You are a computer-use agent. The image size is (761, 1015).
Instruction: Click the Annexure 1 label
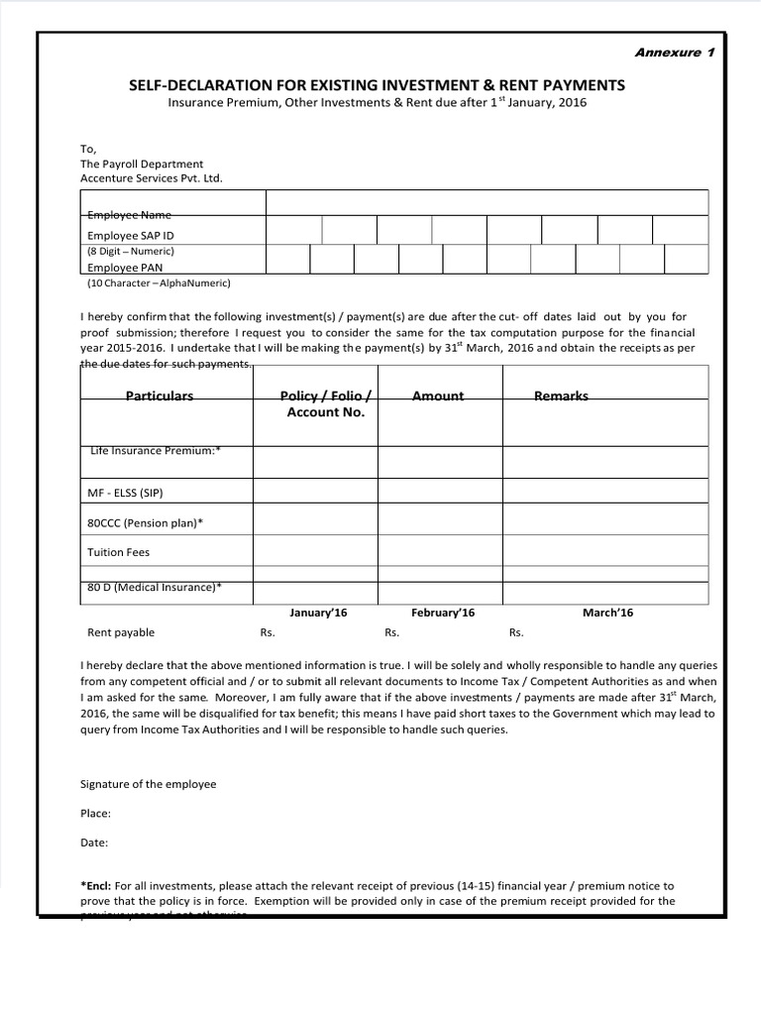674,53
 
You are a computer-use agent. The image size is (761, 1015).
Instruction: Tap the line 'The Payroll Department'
142,164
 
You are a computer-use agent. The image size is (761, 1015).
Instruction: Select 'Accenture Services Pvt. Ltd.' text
152,178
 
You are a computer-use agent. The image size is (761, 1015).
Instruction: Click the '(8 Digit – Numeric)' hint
131,252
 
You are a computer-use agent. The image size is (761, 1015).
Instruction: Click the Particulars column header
159,395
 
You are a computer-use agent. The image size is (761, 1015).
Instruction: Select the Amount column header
437,395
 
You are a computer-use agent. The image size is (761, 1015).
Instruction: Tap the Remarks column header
561,395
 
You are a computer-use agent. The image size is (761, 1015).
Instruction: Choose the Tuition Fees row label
119,552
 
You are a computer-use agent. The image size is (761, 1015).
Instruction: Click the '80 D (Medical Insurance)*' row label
155,587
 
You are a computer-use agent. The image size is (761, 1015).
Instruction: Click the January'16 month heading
318,613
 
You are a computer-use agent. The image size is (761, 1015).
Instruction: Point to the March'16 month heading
607,613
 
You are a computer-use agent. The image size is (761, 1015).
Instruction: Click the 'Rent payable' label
121,632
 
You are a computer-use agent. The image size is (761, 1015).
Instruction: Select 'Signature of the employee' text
148,784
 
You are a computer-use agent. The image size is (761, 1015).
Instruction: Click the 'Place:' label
95,814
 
